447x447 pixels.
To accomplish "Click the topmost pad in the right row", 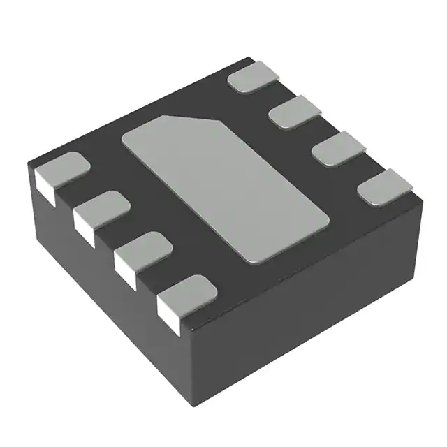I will [x=254, y=76].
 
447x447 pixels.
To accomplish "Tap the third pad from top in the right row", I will [x=339, y=151].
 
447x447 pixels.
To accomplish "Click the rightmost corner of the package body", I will [x=423, y=203].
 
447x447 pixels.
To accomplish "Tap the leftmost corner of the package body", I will [x=28, y=162].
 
